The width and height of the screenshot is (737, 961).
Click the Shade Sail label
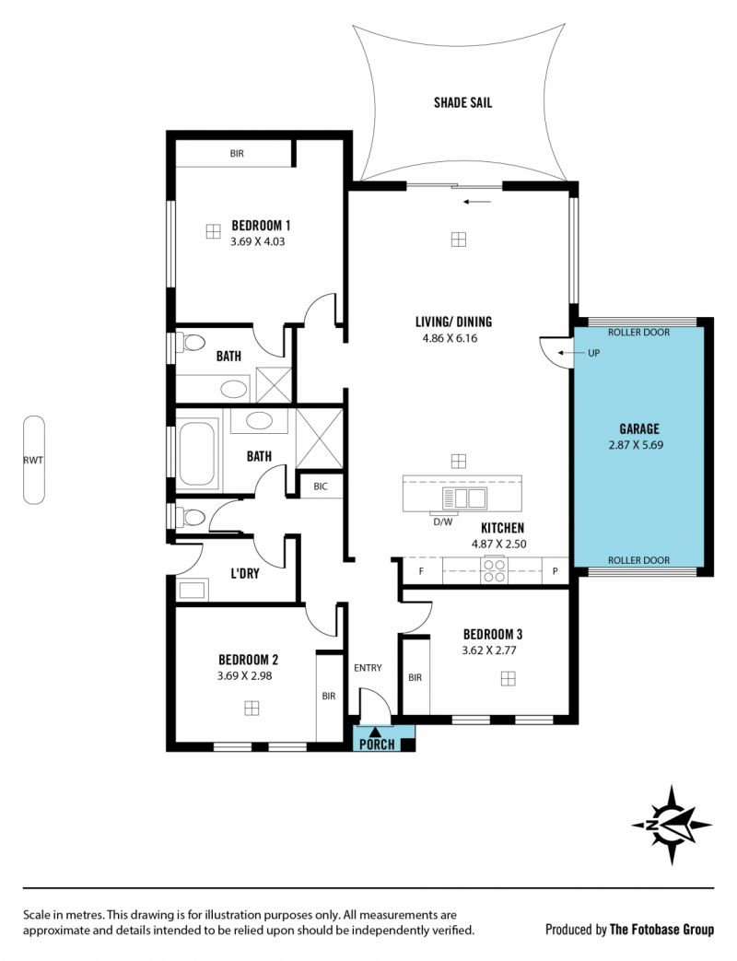pos(462,102)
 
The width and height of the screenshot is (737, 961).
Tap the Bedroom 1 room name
pos(261,226)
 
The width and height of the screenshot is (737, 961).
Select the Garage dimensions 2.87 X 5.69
pos(636,445)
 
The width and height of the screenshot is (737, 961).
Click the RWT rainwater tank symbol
pos(34,460)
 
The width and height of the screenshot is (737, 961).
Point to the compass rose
pos(673,825)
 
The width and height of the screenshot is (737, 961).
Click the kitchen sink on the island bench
pos(463,498)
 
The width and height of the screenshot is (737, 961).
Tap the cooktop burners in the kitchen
pos(495,570)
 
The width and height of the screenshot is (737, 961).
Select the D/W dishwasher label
pos(443,522)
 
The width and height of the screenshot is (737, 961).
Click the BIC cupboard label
pos(321,486)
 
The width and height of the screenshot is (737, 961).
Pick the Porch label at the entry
pos(377,744)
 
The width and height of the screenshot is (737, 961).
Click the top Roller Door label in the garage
pos(638,333)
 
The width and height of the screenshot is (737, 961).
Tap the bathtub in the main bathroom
pos(196,453)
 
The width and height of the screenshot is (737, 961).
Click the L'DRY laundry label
pos(244,574)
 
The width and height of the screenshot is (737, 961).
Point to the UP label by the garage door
pos(593,353)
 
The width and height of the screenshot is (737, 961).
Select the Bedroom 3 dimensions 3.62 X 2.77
pos(489,650)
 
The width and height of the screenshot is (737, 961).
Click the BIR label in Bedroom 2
pos(329,696)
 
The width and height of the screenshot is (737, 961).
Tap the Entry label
pos(368,667)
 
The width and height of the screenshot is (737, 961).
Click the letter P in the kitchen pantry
pos(555,571)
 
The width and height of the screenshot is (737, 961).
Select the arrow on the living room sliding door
pos(477,202)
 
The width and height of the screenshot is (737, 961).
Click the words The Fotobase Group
pos(661,930)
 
